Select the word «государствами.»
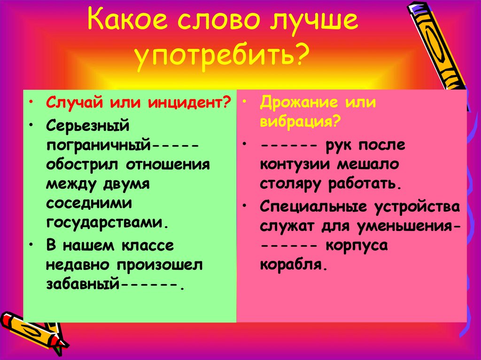107,221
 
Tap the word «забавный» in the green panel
83,284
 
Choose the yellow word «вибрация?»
300,122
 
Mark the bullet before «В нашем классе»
31,245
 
